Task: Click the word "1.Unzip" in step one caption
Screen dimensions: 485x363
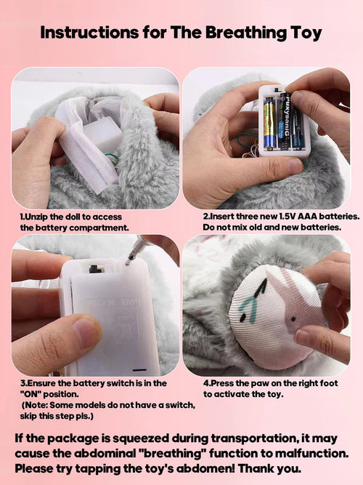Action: point(36,217)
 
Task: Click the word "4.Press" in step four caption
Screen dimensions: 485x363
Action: point(219,383)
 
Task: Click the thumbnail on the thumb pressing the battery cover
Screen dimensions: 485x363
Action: point(86,332)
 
